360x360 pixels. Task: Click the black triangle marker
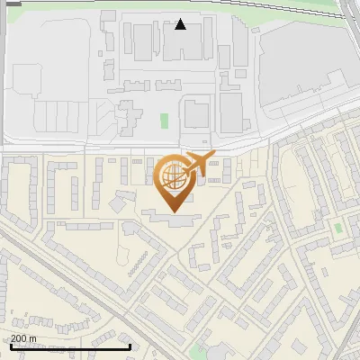181,24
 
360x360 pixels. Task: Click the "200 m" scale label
23,337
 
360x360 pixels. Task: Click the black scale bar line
70,346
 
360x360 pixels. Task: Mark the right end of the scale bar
130,346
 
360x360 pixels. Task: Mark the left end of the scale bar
10,346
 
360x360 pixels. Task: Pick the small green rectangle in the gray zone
164,121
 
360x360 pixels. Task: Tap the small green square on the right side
337,228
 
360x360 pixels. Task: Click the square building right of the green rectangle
196,114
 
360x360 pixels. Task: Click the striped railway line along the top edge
180,4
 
